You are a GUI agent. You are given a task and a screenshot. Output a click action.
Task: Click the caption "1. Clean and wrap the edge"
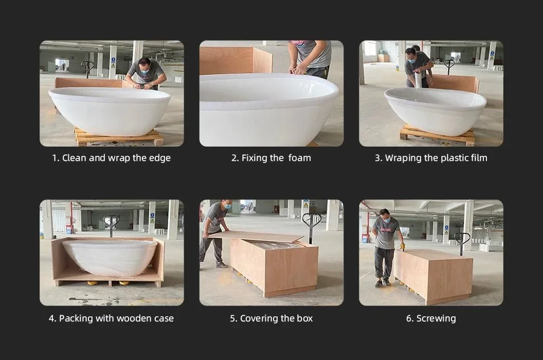[111, 158]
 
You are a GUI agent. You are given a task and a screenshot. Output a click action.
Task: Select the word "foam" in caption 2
[299, 158]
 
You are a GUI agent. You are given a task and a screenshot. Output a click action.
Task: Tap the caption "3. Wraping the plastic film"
[431, 158]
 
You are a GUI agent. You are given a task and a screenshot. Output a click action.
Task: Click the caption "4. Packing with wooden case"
[111, 318]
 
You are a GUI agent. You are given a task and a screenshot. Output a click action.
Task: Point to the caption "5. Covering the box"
[271, 318]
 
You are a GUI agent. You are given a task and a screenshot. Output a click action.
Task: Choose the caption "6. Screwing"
[431, 318]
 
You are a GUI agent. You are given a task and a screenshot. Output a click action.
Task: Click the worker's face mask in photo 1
[146, 71]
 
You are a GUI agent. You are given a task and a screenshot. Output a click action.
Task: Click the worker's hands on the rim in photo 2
[298, 71]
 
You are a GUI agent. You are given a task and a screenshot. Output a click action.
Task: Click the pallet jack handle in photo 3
[449, 64]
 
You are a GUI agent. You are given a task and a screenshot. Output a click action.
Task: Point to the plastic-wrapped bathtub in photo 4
[109, 257]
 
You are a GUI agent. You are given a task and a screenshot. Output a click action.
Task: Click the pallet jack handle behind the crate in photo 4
[111, 221]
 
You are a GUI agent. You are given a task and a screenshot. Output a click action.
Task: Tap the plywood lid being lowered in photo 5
[257, 236]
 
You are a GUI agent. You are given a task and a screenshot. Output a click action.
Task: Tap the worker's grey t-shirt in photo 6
[386, 232]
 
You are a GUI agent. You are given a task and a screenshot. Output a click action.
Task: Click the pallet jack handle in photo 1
[87, 65]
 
